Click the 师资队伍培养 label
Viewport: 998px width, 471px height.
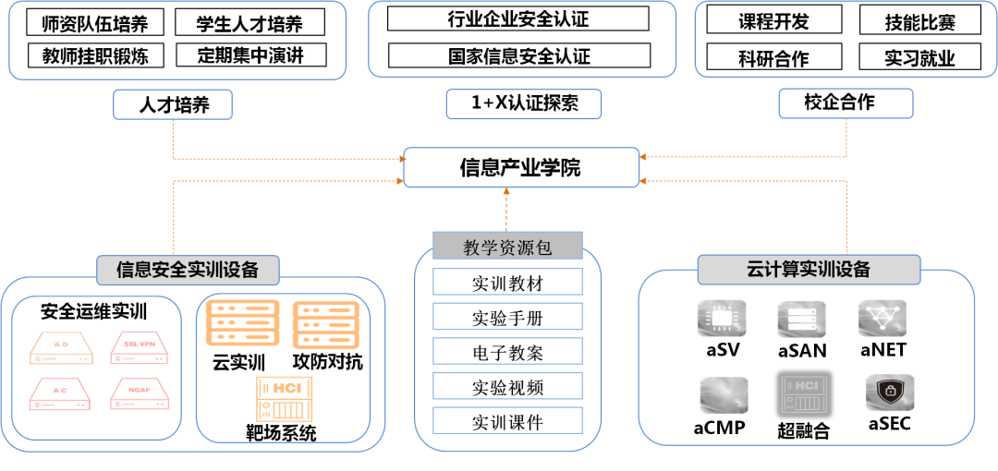tap(95, 24)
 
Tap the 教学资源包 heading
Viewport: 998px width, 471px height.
tap(507, 247)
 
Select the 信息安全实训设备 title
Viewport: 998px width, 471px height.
tap(188, 270)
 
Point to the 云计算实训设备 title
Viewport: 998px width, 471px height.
tap(809, 270)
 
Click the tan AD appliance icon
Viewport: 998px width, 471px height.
tap(62, 347)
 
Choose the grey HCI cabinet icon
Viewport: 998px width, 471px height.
tap(804, 394)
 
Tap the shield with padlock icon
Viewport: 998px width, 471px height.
tap(890, 392)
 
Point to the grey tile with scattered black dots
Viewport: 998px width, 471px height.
tap(882, 318)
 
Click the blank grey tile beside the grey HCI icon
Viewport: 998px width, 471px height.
tap(724, 394)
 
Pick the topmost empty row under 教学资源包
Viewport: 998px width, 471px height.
tap(507, 282)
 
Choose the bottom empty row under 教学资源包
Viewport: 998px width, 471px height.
tap(507, 420)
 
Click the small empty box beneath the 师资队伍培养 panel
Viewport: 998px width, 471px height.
tap(173, 104)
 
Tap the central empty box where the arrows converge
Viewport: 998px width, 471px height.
tap(521, 167)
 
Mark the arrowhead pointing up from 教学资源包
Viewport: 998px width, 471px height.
tap(506, 192)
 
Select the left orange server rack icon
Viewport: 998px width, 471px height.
tap(242, 322)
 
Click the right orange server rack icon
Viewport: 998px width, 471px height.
tap(325, 325)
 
